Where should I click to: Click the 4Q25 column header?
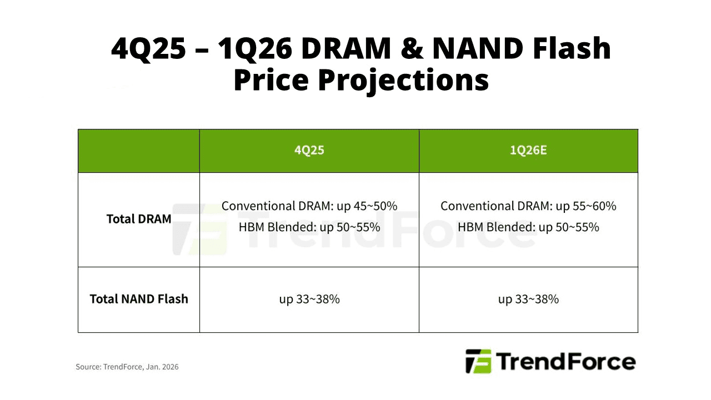tap(309, 151)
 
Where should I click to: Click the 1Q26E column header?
tap(528, 151)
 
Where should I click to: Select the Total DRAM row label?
tap(139, 219)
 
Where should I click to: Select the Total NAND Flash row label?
tap(139, 299)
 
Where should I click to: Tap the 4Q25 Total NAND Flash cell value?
tap(309, 299)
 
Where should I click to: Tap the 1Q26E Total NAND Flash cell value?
tap(528, 299)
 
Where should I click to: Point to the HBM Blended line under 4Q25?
tap(309, 227)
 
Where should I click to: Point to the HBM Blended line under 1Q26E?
tap(528, 227)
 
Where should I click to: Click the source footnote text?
tap(127, 367)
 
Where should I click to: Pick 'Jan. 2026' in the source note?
tap(163, 367)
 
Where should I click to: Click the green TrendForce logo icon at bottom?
tap(478, 362)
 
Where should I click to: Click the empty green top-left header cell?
tap(139, 151)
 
